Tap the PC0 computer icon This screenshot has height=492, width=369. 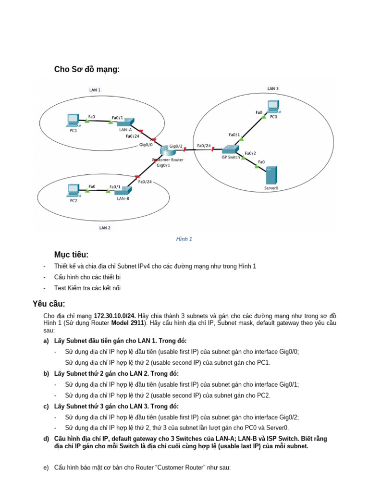(273, 106)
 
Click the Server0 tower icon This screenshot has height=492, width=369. (271, 175)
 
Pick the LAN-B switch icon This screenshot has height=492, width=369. (123, 190)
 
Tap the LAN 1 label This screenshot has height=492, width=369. (95, 90)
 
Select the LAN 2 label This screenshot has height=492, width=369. (105, 228)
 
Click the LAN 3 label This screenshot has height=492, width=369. (273, 88)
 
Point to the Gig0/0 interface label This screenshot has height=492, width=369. (146, 144)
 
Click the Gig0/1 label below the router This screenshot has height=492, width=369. (163, 165)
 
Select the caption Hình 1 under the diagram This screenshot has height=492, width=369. (184, 239)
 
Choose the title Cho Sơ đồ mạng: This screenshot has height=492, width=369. (86, 70)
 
